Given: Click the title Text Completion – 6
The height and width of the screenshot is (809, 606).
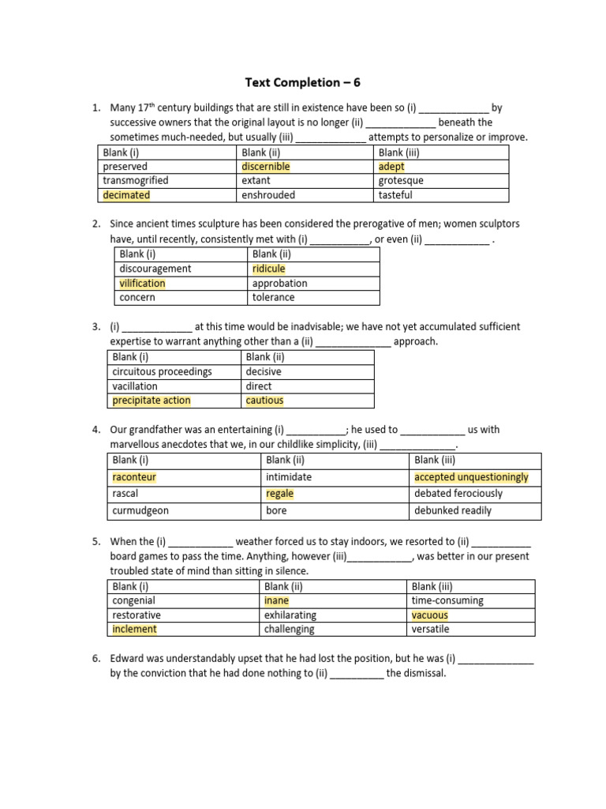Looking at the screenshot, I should pos(303,82).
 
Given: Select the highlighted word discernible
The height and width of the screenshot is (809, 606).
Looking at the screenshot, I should pos(266,167).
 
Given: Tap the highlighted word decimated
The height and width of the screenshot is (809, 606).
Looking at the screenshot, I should pos(126,195).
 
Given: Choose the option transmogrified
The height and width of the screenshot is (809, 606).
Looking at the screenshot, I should pos(136,181).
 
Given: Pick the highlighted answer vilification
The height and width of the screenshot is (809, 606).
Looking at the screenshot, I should pos(142,284).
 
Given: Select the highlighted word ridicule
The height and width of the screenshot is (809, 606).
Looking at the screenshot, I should pos(268,269).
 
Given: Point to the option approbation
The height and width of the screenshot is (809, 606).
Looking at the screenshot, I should pos(279,284).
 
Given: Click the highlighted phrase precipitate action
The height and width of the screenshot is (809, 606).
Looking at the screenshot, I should pos(151,401).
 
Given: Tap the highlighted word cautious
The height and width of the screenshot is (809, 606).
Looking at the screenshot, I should pos(264,401).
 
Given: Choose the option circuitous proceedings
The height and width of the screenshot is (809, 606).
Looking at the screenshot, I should pos(163,371).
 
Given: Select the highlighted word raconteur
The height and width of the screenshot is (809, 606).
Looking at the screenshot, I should pos(134,477).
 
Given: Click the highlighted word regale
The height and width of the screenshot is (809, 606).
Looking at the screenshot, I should pos(279,494).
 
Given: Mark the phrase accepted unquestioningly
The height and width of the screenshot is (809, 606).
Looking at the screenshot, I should pos(471,477).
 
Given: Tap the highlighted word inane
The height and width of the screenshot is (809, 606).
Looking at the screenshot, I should pos(277,600).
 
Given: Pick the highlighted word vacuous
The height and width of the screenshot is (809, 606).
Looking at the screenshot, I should pos(429,615).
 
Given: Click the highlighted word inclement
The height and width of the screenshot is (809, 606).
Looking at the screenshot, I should pos(135,629).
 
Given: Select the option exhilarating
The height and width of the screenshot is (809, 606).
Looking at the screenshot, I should pos(290,615).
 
